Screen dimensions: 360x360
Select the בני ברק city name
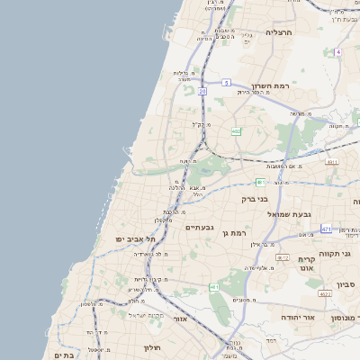coord(256,200)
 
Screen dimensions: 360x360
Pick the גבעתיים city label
coord(199,228)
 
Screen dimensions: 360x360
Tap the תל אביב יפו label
coord(136,238)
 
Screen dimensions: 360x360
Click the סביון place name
coord(346,284)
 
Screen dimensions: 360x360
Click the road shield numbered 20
coord(203,91)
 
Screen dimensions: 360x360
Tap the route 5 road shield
coord(228,83)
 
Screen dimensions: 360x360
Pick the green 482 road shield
coord(235,131)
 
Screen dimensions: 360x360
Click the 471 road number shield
coord(325,229)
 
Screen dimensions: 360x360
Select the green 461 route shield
coord(214,286)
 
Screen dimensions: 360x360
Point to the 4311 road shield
coord(332,163)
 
